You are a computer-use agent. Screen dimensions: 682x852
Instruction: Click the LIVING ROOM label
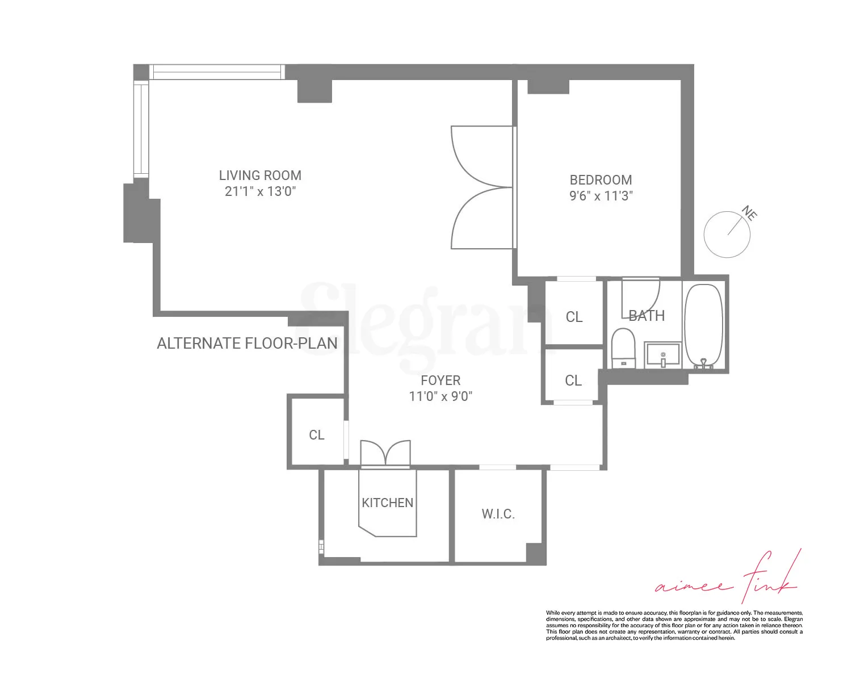pos(260,175)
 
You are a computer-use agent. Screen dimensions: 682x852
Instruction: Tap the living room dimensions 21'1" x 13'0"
pos(260,191)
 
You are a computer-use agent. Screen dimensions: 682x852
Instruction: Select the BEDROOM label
pos(601,180)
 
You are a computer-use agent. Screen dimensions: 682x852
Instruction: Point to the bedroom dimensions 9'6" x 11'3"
pos(601,196)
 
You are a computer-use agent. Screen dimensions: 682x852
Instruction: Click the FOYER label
pos(440,380)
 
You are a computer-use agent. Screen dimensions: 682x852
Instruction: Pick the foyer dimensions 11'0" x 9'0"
pos(440,396)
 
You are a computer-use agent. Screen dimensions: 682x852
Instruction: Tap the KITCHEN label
pos(388,503)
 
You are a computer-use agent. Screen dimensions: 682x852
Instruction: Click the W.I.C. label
pos(498,514)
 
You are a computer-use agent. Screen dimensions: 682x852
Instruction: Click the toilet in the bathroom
pos(623,348)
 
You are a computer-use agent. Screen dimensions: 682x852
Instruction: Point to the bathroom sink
pos(662,355)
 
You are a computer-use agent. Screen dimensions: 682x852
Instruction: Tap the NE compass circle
pos(727,235)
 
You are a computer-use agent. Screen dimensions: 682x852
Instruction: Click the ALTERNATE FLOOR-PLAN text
pos(247,344)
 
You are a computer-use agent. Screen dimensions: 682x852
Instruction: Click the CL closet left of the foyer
pos(316,435)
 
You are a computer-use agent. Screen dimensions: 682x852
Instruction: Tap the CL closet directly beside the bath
pos(574,317)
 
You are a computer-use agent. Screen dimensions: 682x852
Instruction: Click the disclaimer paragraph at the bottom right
pos(674,625)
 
